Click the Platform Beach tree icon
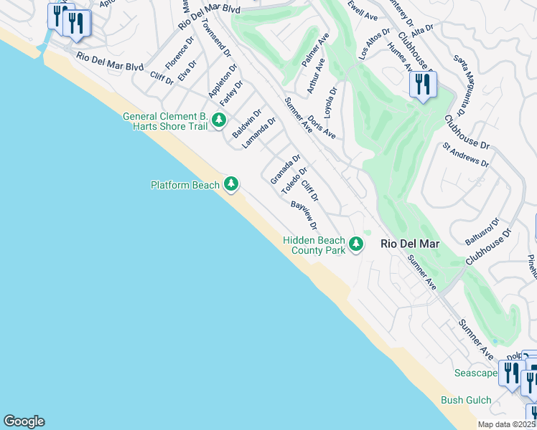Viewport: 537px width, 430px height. coord(230,185)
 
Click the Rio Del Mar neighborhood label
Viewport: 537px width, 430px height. coord(410,244)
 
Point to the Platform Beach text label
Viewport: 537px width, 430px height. coord(185,186)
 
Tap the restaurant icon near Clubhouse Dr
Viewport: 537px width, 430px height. coord(423,85)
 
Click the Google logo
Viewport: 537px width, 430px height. coord(24,421)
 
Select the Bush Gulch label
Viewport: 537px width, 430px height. coord(465,400)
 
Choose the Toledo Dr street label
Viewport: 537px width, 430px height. coord(294,181)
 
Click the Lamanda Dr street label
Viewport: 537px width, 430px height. coord(258,133)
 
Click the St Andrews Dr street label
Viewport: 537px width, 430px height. coord(465,154)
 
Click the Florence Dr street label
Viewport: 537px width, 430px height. coord(179,54)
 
